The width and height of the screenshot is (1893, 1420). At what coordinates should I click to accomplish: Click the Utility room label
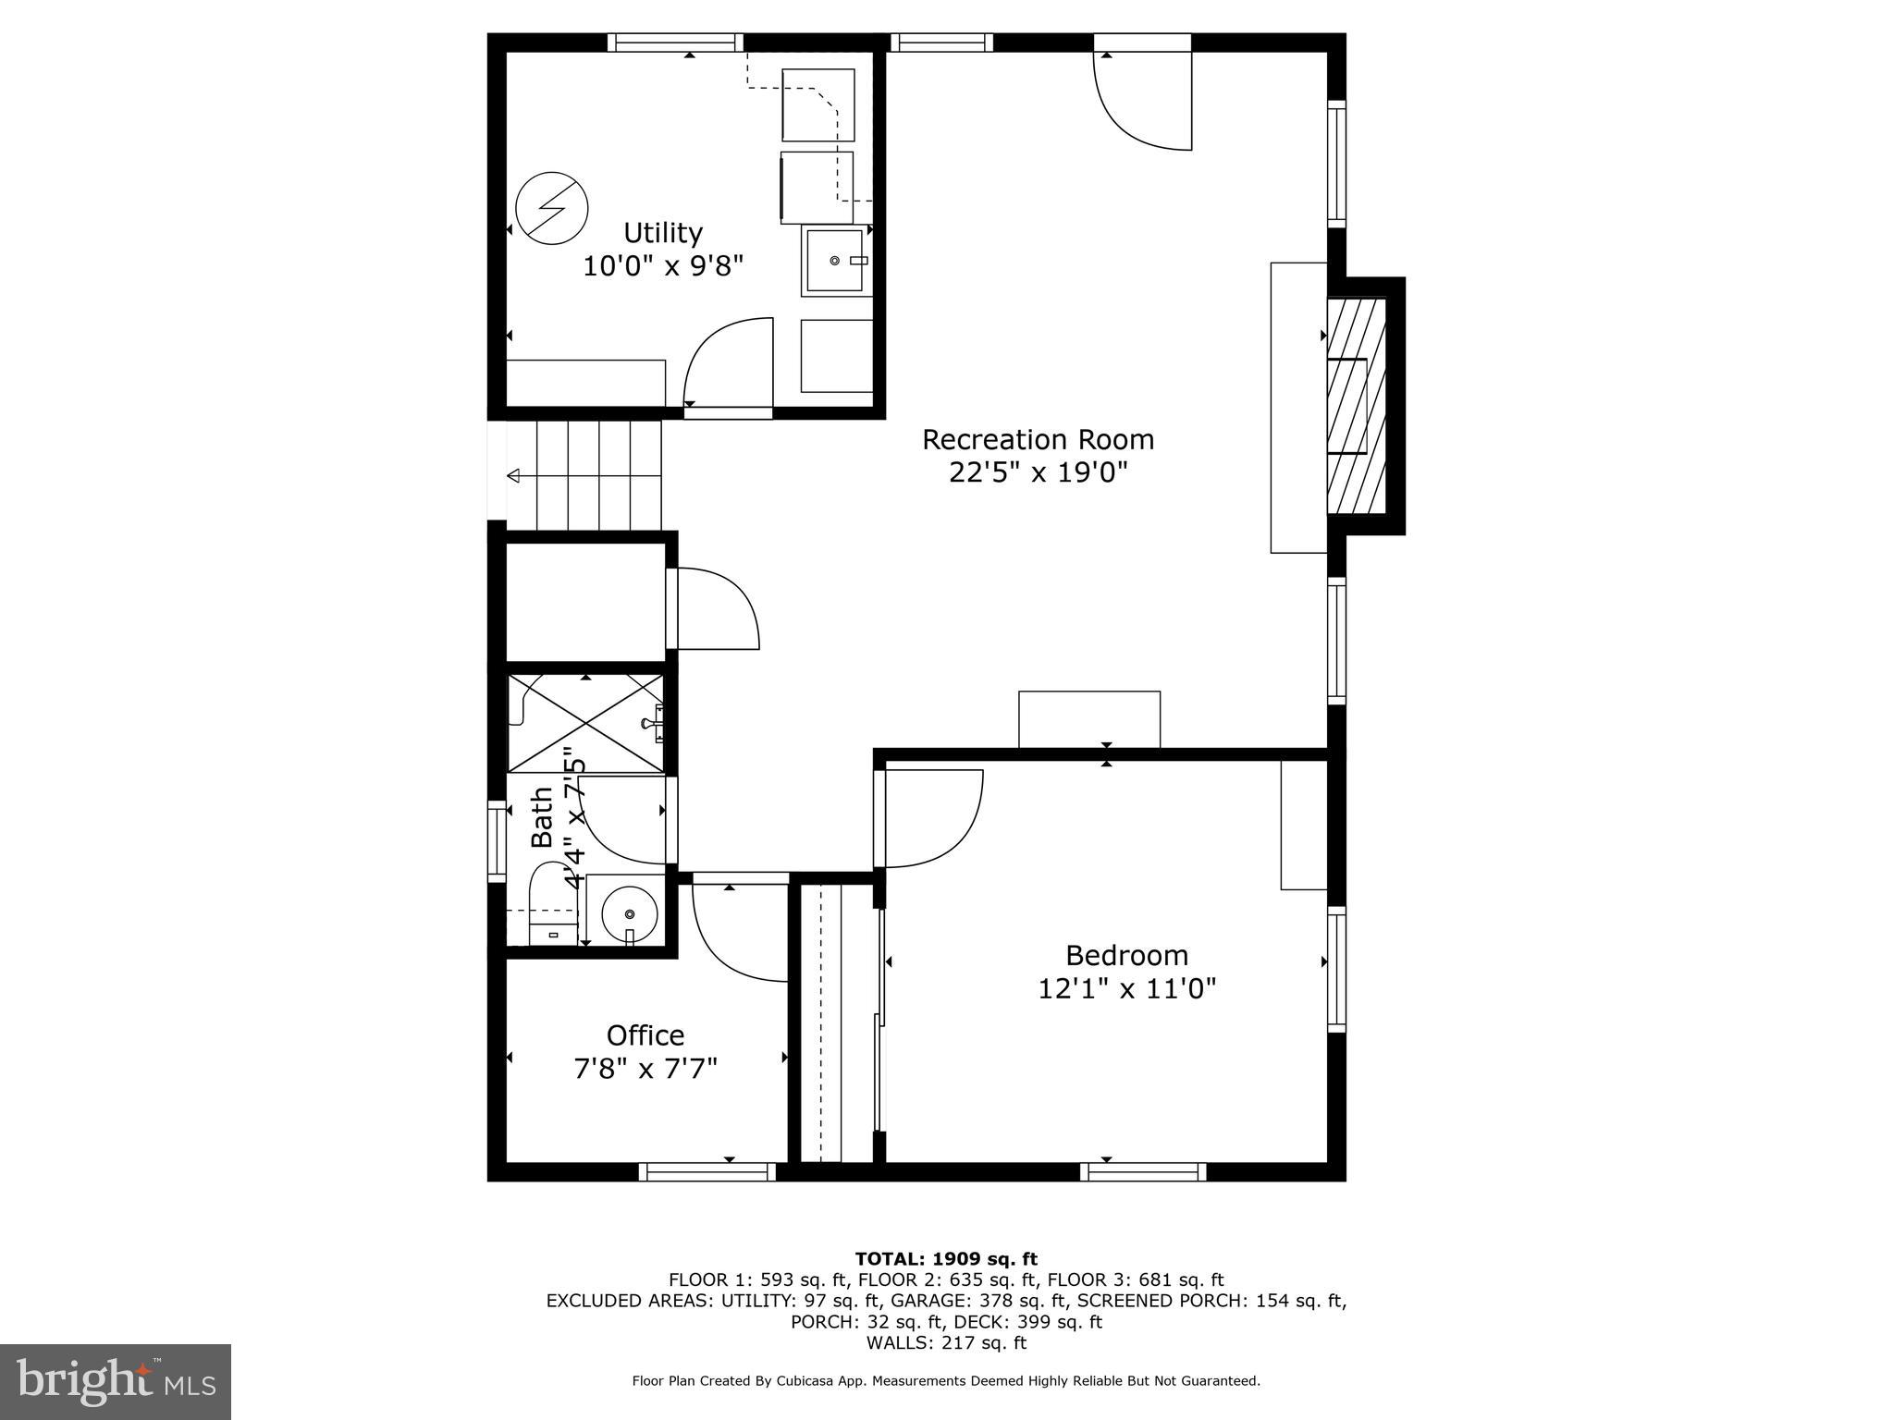point(662,232)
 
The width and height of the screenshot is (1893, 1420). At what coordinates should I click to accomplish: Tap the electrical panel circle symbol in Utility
point(551,208)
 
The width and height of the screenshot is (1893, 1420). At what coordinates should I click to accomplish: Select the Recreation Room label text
point(1038,439)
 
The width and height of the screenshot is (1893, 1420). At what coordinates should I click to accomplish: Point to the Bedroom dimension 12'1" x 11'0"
point(1126,989)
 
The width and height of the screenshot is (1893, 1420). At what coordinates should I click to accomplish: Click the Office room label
point(645,1034)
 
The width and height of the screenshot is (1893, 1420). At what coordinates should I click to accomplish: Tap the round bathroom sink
point(630,913)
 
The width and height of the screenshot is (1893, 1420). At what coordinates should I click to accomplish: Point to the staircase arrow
point(514,475)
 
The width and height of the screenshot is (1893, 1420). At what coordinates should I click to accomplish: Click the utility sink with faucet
point(836,262)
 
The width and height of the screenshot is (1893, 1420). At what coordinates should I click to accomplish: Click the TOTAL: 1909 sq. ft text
point(946,1258)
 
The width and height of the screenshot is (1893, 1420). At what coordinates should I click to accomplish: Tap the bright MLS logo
point(116,1382)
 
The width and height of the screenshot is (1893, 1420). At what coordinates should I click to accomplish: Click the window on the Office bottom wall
point(707,1171)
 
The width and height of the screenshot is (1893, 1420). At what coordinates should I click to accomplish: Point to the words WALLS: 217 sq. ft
point(946,1342)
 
